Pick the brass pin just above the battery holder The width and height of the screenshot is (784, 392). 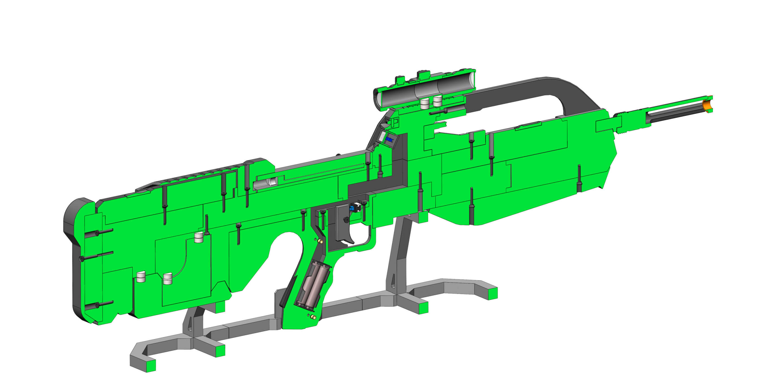[320, 241]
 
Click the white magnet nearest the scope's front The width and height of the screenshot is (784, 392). [437, 101]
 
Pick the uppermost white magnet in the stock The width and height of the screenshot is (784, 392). [199, 237]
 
